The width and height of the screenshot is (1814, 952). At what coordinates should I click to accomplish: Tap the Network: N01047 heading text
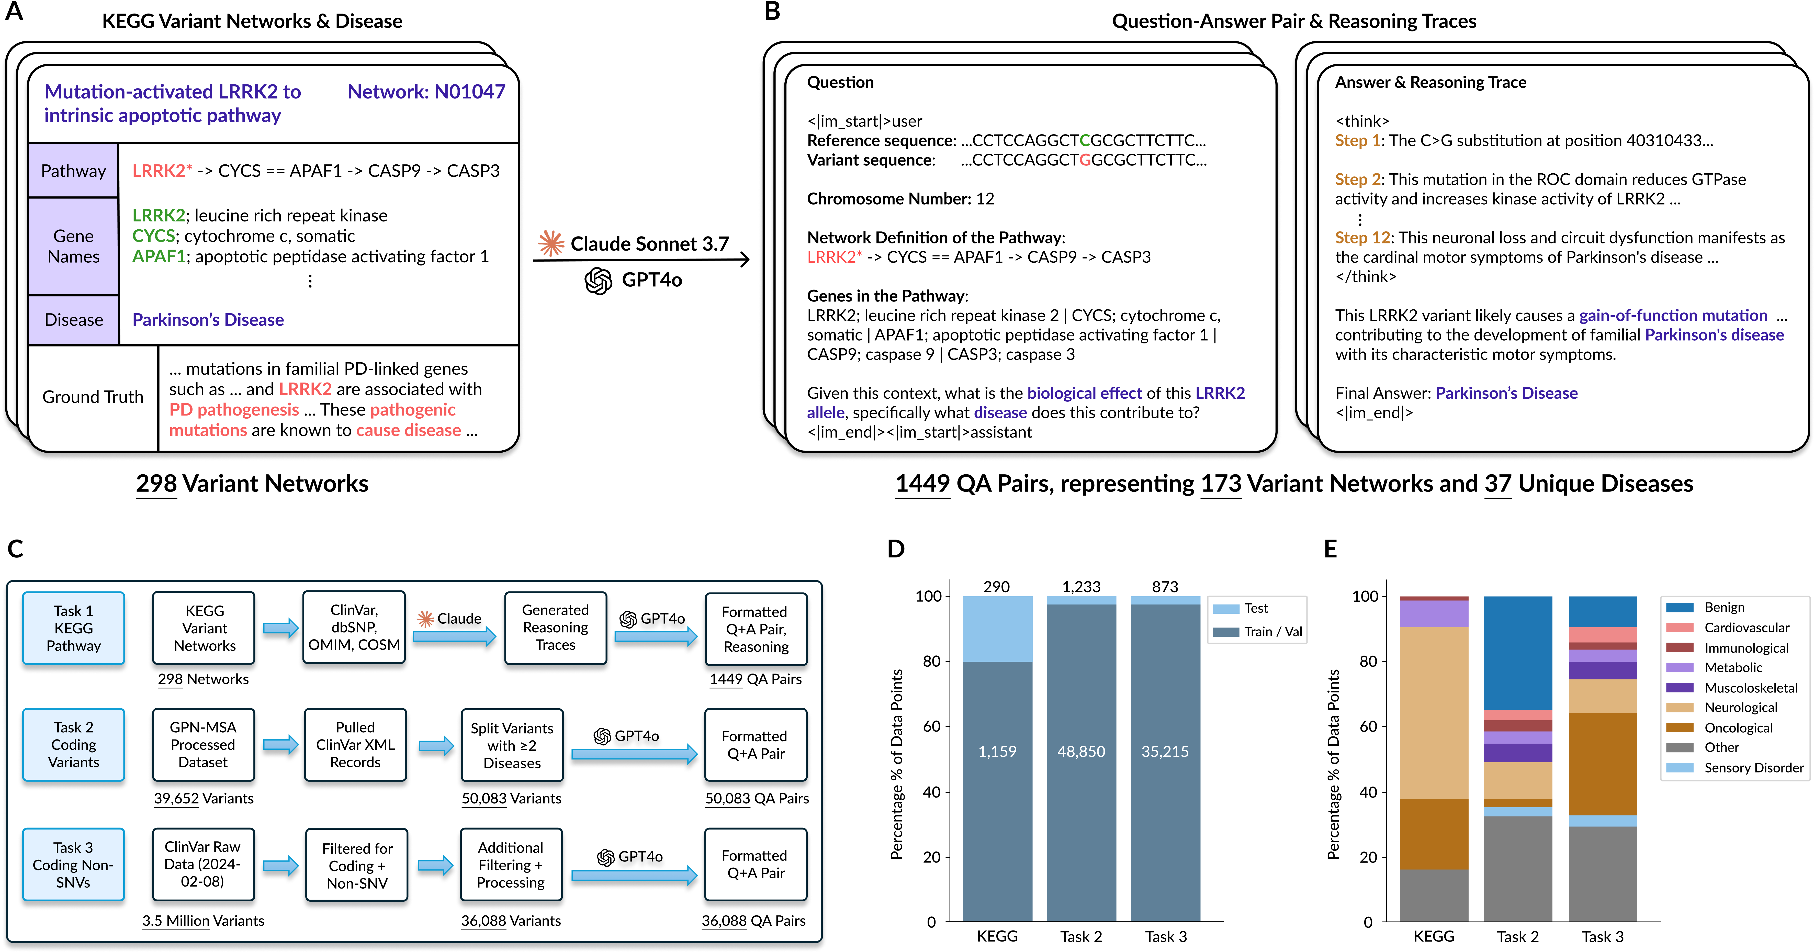(x=426, y=92)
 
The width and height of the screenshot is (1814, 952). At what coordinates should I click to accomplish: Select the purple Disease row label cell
(x=73, y=320)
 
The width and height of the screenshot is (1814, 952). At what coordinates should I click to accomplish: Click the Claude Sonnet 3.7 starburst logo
(x=551, y=244)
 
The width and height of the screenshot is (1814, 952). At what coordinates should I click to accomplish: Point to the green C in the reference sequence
(x=1085, y=141)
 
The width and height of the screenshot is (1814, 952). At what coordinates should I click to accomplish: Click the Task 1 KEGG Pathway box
(x=73, y=628)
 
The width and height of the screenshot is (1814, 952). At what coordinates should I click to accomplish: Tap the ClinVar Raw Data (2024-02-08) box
(x=203, y=864)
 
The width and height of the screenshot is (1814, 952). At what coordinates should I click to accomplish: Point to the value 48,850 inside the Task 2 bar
(x=1081, y=751)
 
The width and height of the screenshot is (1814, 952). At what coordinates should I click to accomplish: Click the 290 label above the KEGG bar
(x=996, y=587)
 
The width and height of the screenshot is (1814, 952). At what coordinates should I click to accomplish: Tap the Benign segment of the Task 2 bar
(x=1517, y=651)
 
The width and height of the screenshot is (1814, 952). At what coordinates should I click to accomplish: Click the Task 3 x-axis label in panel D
(x=1165, y=936)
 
